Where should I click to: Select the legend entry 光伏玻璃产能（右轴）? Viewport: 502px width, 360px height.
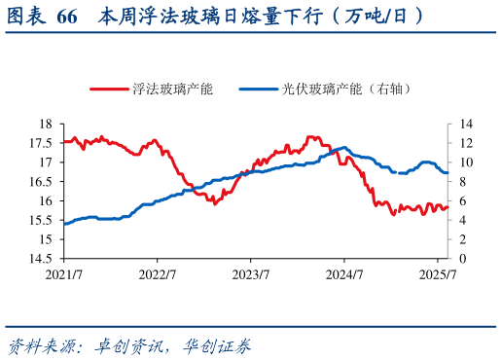346,89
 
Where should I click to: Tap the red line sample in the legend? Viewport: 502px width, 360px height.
109,89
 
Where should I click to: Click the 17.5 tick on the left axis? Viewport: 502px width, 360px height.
40,143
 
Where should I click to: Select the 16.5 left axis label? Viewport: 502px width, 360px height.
40,182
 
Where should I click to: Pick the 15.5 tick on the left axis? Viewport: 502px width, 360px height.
40,221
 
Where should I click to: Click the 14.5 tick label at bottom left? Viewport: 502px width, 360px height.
40,259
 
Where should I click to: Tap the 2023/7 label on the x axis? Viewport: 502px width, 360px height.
251,274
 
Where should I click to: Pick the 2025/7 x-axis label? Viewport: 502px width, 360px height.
439,274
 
